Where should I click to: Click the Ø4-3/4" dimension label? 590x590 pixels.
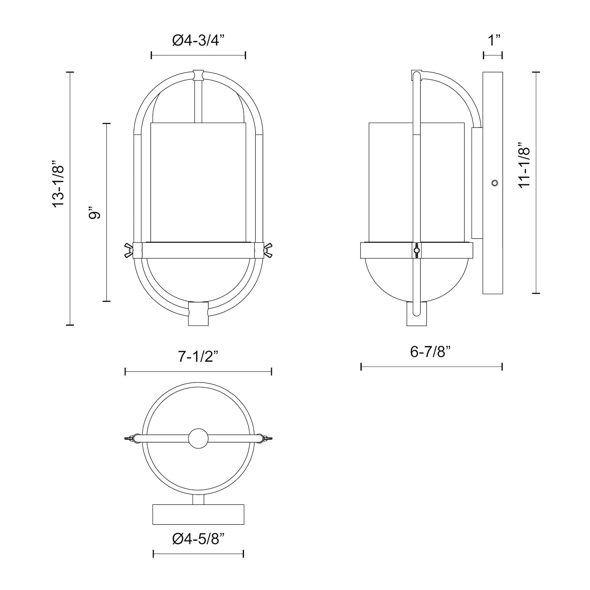click(198, 41)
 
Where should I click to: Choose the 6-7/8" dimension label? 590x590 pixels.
click(430, 352)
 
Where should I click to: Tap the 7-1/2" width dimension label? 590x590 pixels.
click(198, 357)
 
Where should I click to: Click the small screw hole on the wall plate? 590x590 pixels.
click(495, 183)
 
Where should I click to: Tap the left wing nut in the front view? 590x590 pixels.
click(128, 250)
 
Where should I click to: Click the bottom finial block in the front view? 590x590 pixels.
click(198, 314)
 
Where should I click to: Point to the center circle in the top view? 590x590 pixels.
click(198, 439)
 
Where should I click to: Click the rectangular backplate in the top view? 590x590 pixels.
click(198, 514)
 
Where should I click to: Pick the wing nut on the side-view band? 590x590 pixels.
click(417, 250)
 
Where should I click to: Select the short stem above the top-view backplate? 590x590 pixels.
click(198, 500)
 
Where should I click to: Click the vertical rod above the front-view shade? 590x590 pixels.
click(198, 101)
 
